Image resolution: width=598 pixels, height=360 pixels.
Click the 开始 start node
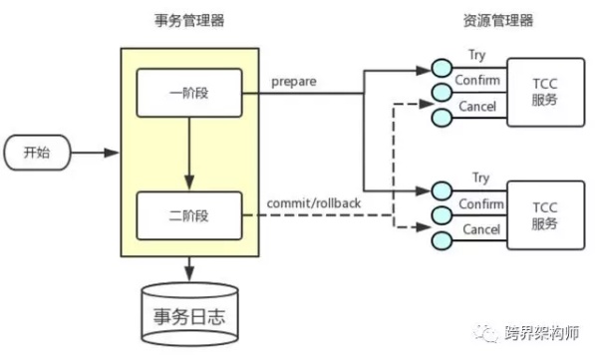[x=34, y=154]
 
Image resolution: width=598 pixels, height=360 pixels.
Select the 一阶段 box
[x=188, y=93]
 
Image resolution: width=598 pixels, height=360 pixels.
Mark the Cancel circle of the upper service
[x=440, y=117]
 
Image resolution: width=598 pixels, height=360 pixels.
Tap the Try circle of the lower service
[x=440, y=188]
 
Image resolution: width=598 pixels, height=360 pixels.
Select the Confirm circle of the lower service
[x=440, y=212]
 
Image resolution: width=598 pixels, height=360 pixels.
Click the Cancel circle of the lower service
[x=440, y=237]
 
